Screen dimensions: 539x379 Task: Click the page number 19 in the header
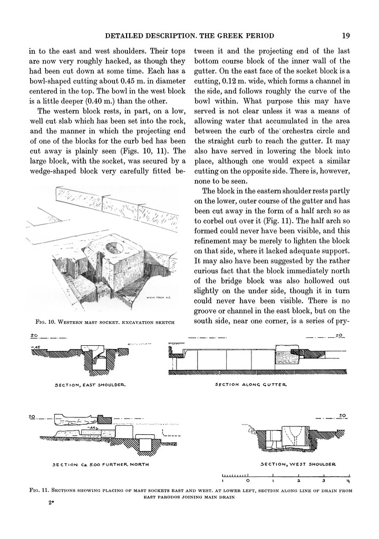346,36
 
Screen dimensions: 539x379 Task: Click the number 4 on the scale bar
348,481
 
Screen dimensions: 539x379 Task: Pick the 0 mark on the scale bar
248,481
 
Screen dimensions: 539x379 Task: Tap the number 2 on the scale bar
298,481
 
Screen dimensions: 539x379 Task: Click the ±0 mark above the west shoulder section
342,415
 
